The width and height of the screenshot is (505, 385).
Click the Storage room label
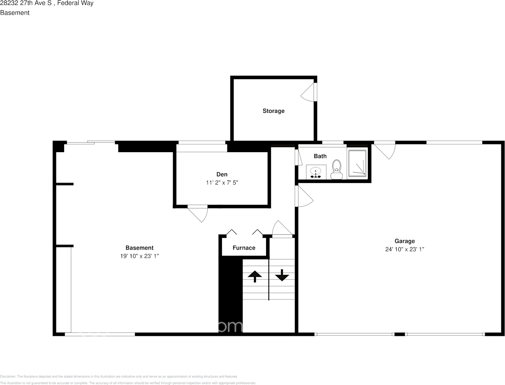[x=273, y=111]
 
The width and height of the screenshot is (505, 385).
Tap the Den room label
[x=222, y=174]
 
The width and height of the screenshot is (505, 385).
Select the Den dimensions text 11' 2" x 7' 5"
[x=222, y=183]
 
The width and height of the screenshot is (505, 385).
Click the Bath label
[x=320, y=156]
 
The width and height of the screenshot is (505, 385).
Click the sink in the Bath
[x=316, y=172]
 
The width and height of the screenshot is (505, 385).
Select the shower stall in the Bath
[x=357, y=163]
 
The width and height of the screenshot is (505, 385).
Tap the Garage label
[x=405, y=241]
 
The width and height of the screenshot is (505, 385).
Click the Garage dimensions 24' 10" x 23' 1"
[x=405, y=249]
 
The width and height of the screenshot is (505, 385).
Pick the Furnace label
[x=244, y=248]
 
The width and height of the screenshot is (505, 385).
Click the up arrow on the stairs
[x=255, y=276]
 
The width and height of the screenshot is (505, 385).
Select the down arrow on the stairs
[x=282, y=275]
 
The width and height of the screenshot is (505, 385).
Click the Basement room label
[x=139, y=248]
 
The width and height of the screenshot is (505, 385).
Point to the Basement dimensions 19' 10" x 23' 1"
[x=139, y=256]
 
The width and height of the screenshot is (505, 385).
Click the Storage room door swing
[x=308, y=93]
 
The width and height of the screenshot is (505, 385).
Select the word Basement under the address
[x=15, y=13]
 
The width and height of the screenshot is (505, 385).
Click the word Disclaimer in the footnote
[x=8, y=376]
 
